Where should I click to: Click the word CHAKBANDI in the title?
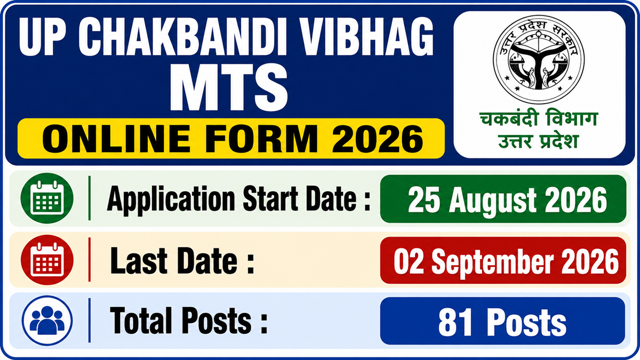point(182,36)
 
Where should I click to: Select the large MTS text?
point(229,87)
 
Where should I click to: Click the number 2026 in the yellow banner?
point(377,139)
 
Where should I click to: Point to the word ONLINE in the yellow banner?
point(116,139)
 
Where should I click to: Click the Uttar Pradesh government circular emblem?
point(539,59)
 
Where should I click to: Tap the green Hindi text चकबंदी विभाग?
point(539,119)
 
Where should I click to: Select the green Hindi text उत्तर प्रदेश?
point(539,141)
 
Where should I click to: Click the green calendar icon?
point(47,198)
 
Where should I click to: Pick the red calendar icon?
point(47,260)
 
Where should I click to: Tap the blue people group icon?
point(47,321)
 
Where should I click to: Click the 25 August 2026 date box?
point(503,199)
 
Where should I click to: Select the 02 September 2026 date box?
point(503,260)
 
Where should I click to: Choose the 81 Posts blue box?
point(502,321)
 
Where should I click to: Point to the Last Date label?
point(182,261)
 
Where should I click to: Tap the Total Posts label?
point(189,321)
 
